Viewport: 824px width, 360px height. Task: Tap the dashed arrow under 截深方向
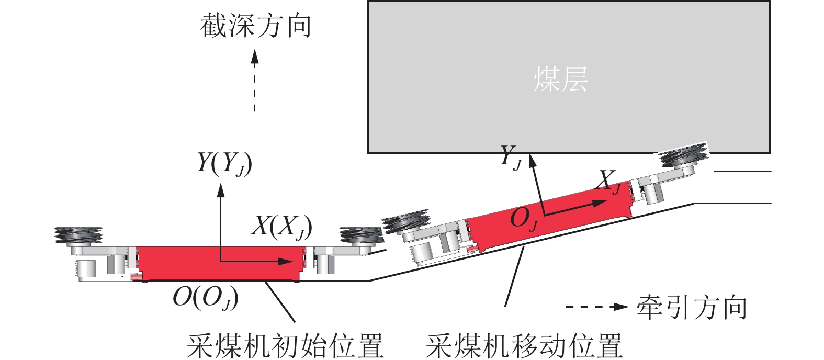tap(255, 81)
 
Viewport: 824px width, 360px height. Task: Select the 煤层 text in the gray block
tap(560, 79)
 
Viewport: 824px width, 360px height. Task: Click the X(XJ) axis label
tap(281, 227)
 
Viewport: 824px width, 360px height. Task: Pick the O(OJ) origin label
tap(206, 298)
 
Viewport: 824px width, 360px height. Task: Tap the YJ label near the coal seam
tap(511, 157)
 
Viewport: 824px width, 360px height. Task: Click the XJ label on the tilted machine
tap(609, 182)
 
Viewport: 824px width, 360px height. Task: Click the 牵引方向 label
tap(692, 307)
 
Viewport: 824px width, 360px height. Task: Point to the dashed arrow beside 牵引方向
tap(596, 307)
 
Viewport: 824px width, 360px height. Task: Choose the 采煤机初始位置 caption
tap(286, 346)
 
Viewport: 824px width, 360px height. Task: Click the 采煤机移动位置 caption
tap(524, 346)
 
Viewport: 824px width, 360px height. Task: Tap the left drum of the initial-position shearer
tap(78, 235)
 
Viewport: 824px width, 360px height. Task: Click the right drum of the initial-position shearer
tap(361, 235)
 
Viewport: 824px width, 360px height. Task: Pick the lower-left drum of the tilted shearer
tap(406, 221)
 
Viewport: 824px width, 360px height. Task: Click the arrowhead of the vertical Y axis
tap(221, 190)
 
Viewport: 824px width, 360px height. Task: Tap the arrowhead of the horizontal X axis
tap(285, 261)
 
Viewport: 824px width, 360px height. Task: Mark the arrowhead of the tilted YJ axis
tap(532, 161)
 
